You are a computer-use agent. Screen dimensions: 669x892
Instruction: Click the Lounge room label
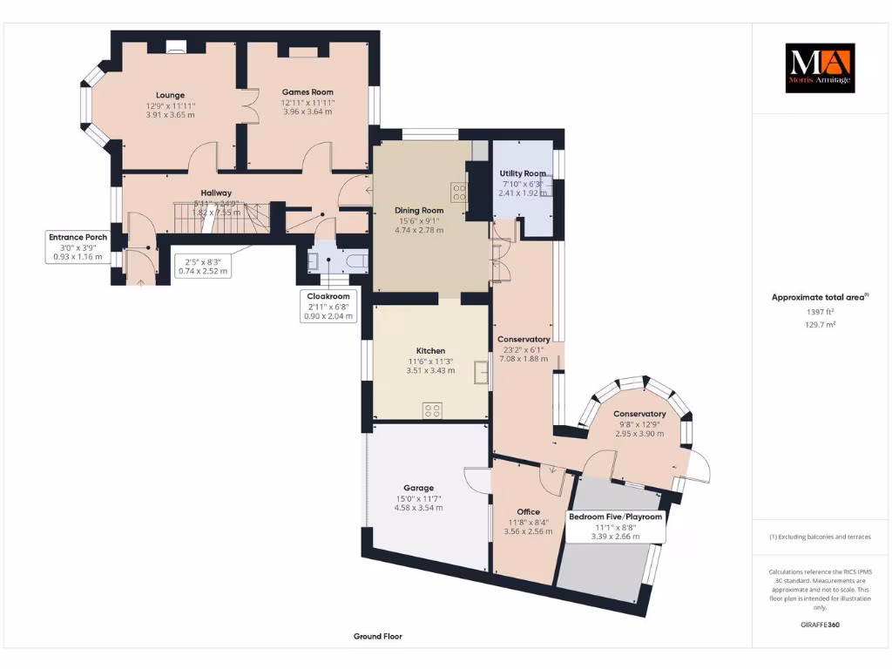pyautogui.click(x=170, y=95)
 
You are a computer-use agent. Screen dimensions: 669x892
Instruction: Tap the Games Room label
pyautogui.click(x=307, y=91)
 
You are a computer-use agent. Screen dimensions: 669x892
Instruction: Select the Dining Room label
pyautogui.click(x=419, y=210)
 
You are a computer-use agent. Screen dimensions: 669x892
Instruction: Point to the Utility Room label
pyautogui.click(x=523, y=173)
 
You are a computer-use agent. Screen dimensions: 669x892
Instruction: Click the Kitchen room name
pyautogui.click(x=430, y=351)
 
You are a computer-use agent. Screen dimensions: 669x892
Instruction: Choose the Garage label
pyautogui.click(x=418, y=488)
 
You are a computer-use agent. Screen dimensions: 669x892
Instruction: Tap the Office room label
pyautogui.click(x=528, y=511)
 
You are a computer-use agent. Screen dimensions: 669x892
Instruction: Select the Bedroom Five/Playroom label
pyautogui.click(x=615, y=517)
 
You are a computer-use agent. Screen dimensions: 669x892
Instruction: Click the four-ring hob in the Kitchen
pyautogui.click(x=431, y=409)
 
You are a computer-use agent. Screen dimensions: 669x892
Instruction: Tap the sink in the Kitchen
pyautogui.click(x=481, y=372)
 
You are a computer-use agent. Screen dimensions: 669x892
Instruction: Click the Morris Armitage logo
pyautogui.click(x=820, y=68)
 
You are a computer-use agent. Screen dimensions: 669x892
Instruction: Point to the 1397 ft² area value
pyautogui.click(x=819, y=311)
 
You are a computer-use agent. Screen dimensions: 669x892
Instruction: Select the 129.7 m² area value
pyautogui.click(x=819, y=324)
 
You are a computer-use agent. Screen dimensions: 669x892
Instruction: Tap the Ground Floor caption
pyautogui.click(x=378, y=637)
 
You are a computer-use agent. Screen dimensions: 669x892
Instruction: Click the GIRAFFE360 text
pyautogui.click(x=820, y=625)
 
